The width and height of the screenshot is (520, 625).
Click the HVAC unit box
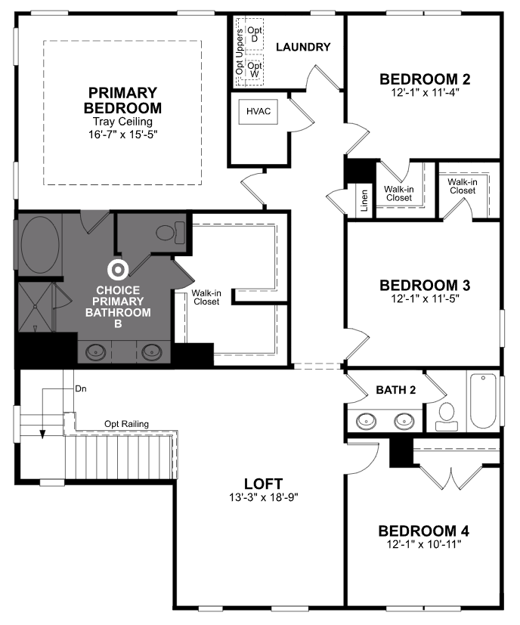[x=258, y=111]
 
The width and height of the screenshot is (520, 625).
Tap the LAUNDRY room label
[x=303, y=47]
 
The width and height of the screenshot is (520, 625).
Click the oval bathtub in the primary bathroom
[x=40, y=244]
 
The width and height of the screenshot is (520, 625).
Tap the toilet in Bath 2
[x=447, y=416]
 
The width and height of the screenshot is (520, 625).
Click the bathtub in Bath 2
[x=483, y=401]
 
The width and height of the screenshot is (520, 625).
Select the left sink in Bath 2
[x=366, y=421]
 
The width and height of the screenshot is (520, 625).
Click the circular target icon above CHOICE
[x=118, y=270]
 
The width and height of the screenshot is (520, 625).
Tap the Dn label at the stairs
[x=81, y=388]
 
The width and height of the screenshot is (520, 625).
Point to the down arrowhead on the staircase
[x=42, y=435]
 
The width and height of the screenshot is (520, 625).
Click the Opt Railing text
[x=126, y=424]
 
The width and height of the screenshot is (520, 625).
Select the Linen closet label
[x=364, y=200]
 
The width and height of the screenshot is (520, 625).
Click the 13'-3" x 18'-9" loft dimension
[x=264, y=497]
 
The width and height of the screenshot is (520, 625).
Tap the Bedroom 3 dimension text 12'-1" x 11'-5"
[x=425, y=299]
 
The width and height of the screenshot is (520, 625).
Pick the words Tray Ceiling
[x=123, y=121]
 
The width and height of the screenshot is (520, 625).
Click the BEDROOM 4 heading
[x=423, y=531]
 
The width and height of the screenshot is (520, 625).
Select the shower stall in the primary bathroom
[x=36, y=308]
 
